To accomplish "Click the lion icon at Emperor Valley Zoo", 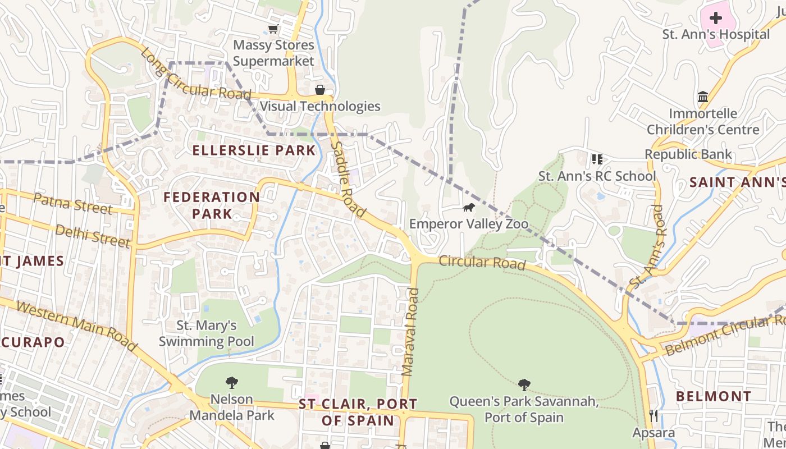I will coord(468,208).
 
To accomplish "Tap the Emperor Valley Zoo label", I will coord(469,224).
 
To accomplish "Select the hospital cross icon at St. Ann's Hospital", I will coord(716,17).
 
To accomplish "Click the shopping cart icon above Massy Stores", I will coord(273,29).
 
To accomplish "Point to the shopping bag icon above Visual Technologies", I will coord(319,90).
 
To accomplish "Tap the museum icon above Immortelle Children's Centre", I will coord(703,97).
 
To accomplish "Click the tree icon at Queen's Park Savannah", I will coord(524,385).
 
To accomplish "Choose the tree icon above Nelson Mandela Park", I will coord(231,383).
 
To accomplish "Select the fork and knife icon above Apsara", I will coord(654,416).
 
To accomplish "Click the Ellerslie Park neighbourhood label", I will coord(254,150).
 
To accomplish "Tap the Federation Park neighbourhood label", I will coord(212,205).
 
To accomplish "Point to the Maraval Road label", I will coord(411,331).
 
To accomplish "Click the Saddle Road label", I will coord(348,180).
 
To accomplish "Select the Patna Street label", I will coord(72,203).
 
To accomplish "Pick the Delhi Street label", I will coord(93,236).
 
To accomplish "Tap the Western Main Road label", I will coord(76,326).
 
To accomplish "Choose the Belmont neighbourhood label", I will coord(713,396).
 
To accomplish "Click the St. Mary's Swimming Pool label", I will coord(207,333).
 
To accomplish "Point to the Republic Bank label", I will coord(688,154).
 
